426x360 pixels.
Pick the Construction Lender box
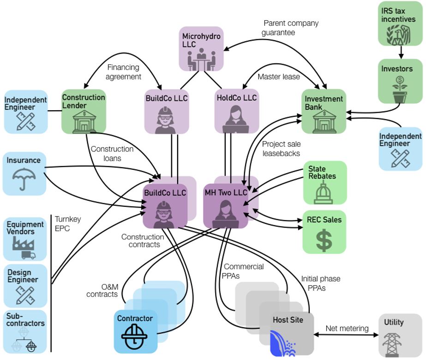tap(84, 112)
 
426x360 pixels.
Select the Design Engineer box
tap(25, 286)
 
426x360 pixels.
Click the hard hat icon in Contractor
tap(134, 338)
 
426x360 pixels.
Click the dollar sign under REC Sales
tap(324, 239)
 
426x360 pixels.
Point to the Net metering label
tap(347, 329)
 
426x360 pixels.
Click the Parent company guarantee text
tap(291, 27)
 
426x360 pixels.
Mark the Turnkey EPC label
tap(68, 223)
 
